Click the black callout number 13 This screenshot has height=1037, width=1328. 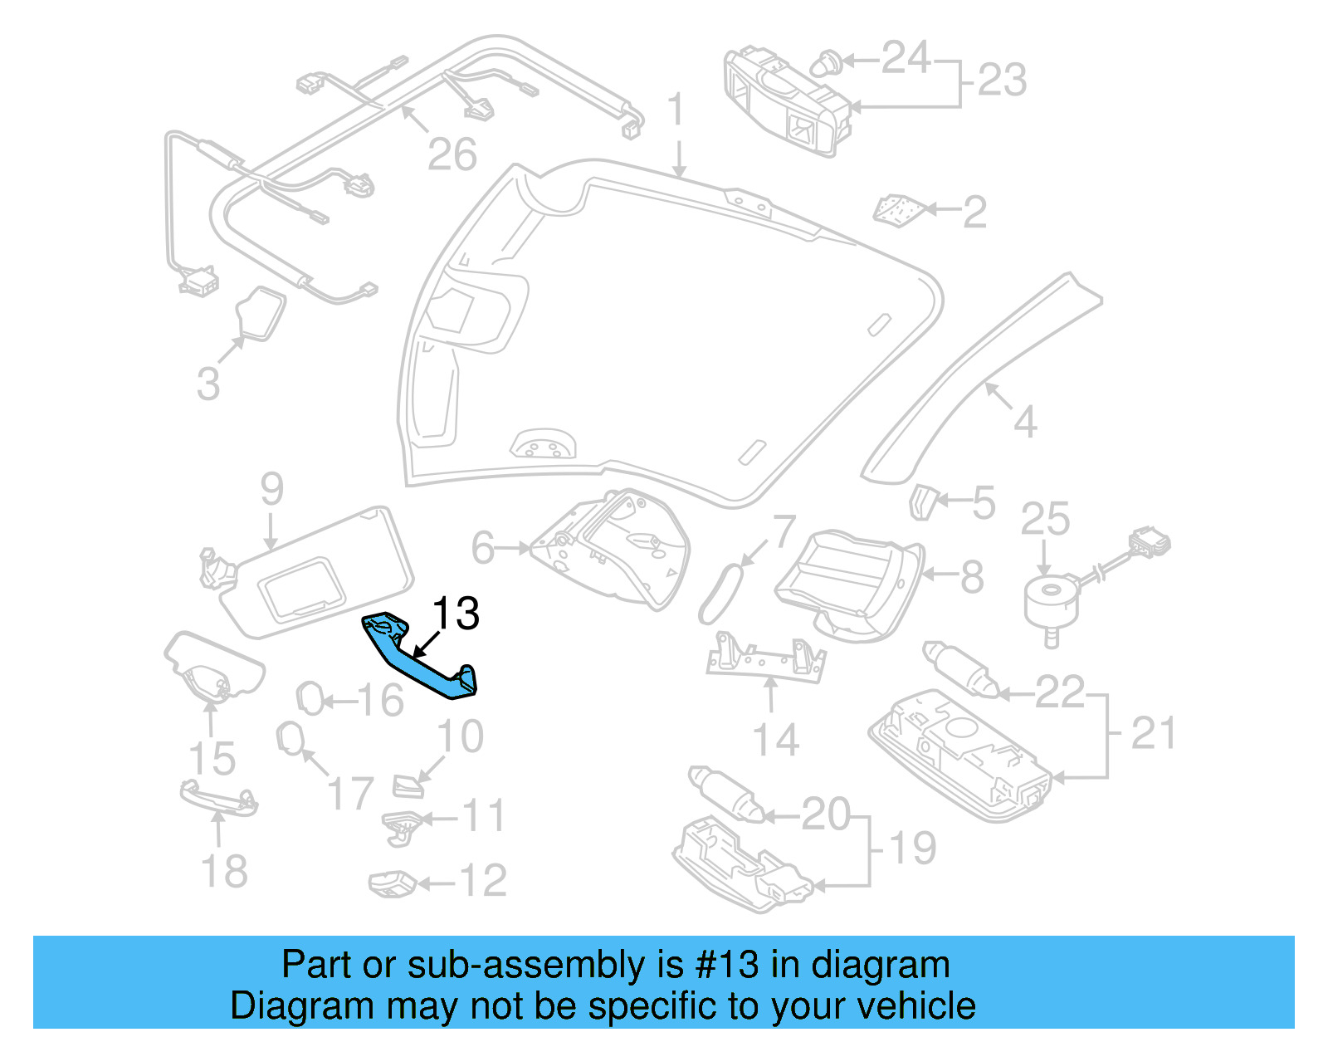(x=456, y=614)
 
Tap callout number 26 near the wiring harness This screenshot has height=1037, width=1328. (x=452, y=154)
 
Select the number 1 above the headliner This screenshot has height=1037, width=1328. (x=677, y=110)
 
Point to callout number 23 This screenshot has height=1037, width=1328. (x=1002, y=81)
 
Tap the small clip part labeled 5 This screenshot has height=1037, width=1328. (x=922, y=502)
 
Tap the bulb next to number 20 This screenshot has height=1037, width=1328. (x=725, y=794)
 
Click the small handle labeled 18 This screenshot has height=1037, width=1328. (x=218, y=798)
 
